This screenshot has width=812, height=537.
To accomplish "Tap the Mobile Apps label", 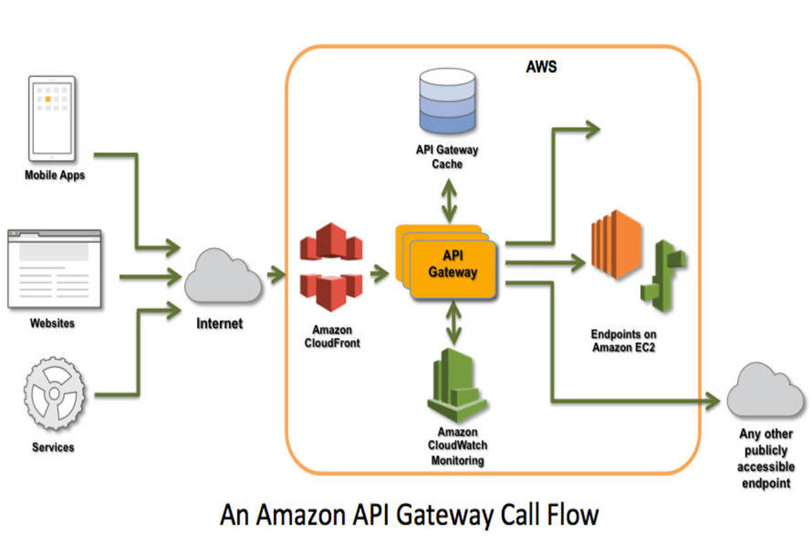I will pos(55,174).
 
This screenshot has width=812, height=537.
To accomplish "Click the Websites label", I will pos(52,323).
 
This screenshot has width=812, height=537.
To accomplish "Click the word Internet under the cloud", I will pos(219,323).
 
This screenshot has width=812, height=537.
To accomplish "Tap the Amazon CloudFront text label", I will pos(332,336).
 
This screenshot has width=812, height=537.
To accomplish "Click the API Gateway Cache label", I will pos(447,157).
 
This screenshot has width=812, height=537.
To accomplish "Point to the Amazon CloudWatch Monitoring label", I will pos(457,446).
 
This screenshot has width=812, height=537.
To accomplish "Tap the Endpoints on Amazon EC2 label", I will pos(623,341).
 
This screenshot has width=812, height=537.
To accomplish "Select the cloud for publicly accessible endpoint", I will pos(765,392).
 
